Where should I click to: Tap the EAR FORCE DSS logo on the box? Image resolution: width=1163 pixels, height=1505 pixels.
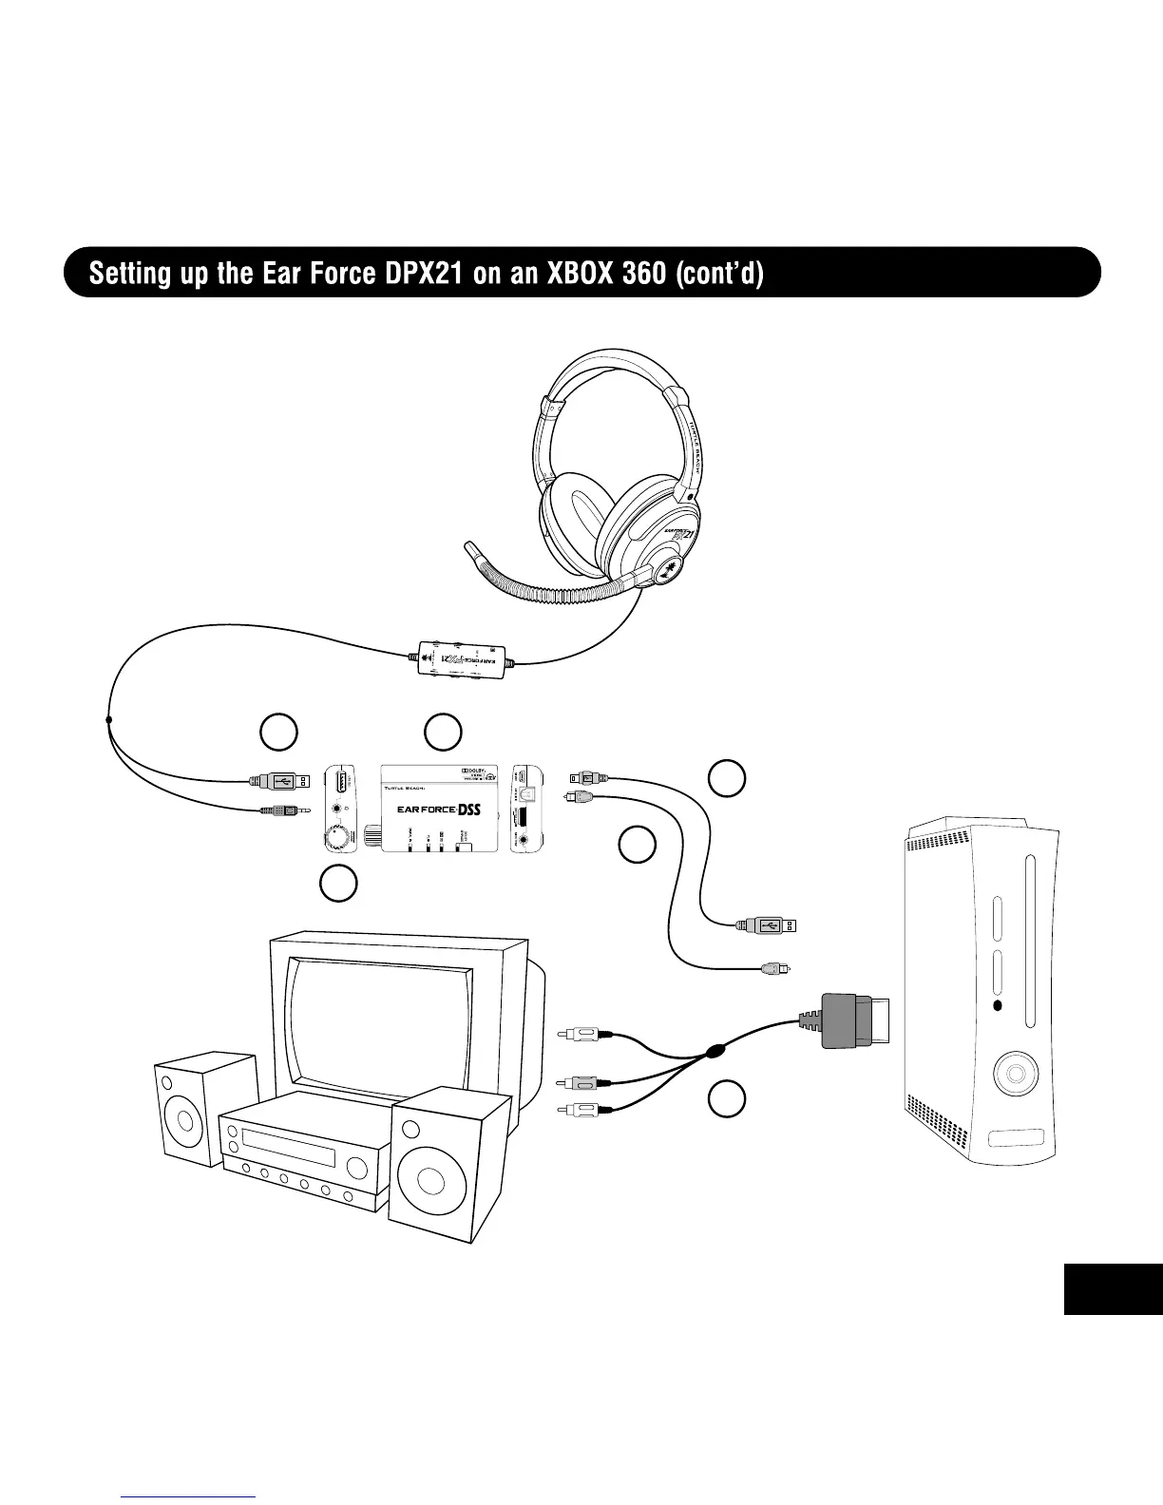439,810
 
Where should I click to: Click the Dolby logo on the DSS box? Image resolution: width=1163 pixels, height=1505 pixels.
474,771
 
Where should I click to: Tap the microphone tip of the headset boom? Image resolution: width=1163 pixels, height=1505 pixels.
468,550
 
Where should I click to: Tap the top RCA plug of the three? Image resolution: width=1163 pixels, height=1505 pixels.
579,1031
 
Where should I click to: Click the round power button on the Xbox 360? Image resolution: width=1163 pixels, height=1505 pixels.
1015,1075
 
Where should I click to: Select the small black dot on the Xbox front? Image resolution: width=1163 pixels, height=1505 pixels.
997,1006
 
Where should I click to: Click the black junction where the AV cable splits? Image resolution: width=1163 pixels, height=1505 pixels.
714,1052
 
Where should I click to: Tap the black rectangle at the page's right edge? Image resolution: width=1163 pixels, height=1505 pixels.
1113,1288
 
